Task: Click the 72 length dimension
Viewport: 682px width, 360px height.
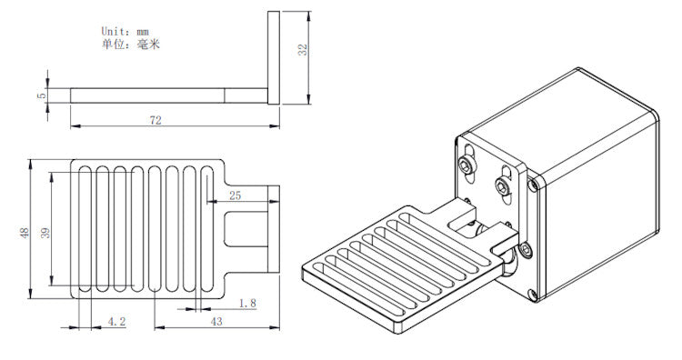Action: [x=155, y=120]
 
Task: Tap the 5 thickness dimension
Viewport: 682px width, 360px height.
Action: [x=41, y=95]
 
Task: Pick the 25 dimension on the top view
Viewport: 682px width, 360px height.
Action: [x=235, y=195]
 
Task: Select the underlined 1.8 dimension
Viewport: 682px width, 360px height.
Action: [x=246, y=303]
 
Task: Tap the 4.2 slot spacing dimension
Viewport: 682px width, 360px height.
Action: [x=116, y=322]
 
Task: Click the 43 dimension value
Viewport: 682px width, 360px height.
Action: [x=216, y=322]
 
